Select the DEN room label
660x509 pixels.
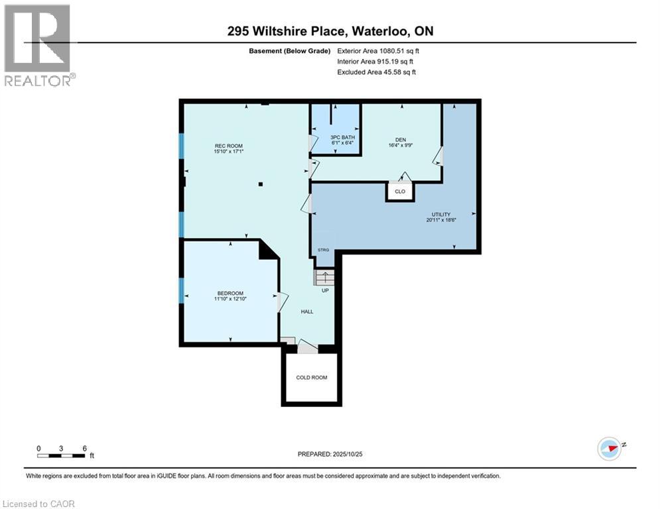coord(400,140)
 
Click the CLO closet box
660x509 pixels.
coord(400,192)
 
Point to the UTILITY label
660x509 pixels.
coord(441,215)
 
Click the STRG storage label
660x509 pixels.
coord(324,250)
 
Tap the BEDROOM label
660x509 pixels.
coord(230,294)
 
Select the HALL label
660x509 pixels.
coord(306,311)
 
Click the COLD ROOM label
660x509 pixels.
coord(312,378)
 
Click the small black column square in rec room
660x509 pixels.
coord(261,184)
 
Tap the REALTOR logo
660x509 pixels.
coord(38,45)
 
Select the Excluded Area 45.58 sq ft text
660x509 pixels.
coord(377,72)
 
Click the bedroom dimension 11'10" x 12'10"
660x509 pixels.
coord(230,300)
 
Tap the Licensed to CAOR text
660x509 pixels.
coord(40,504)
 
